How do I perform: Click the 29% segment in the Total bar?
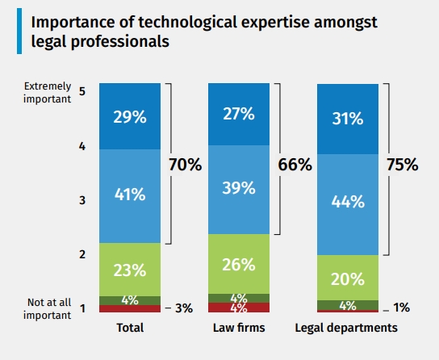coord(129,117)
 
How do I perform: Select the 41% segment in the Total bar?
coord(129,195)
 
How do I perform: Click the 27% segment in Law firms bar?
coord(239,114)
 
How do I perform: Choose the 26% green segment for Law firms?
coord(239,264)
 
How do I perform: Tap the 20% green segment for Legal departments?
coord(347,278)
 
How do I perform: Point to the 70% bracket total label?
coord(185,165)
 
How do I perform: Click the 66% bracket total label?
coord(295,165)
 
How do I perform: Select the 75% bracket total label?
coord(402,165)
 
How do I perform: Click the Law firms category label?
coord(238,329)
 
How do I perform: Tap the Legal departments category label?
coord(347,329)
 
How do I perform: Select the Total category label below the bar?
coord(129,329)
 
